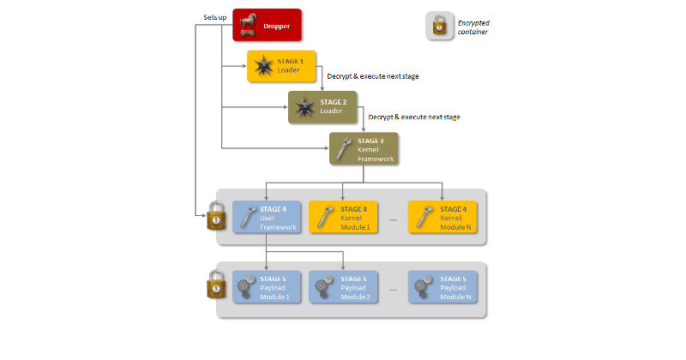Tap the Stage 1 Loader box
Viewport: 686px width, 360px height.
click(281, 66)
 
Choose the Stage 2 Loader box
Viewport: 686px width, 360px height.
click(322, 107)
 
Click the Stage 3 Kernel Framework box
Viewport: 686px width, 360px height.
click(364, 148)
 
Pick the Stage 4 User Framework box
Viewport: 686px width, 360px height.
click(267, 218)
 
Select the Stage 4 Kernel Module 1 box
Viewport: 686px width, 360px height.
click(342, 218)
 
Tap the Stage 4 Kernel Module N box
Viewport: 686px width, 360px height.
click(442, 218)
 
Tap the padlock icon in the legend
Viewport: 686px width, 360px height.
click(440, 25)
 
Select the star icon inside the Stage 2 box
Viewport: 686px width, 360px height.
click(303, 107)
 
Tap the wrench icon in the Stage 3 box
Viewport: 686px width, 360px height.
click(345, 148)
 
